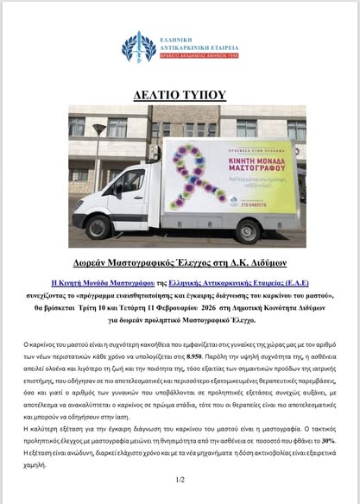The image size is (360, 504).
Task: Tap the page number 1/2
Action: tap(180, 480)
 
